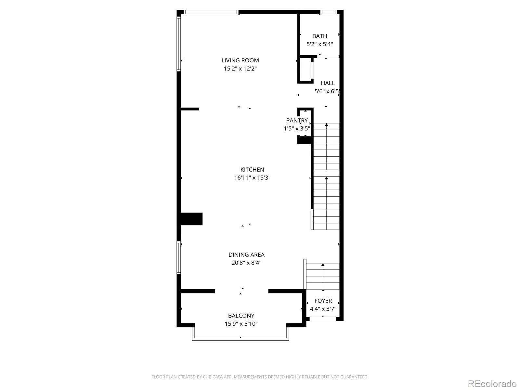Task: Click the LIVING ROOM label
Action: click(x=240, y=60)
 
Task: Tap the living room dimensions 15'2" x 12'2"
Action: click(x=240, y=69)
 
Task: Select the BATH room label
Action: click(x=319, y=36)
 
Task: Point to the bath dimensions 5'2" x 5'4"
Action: click(x=319, y=44)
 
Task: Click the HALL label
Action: click(x=328, y=83)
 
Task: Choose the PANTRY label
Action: click(x=297, y=120)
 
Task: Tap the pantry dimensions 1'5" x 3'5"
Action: click(x=297, y=128)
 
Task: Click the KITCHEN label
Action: click(x=252, y=170)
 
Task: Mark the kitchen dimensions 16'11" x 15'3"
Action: click(x=252, y=177)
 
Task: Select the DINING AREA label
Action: click(x=246, y=254)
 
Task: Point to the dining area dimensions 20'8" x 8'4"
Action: click(x=246, y=263)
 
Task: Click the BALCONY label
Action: click(x=241, y=316)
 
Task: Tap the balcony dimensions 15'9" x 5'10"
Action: click(x=241, y=324)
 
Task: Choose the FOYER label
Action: click(x=323, y=301)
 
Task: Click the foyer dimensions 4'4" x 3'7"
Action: click(x=323, y=309)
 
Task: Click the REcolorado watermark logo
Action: click(x=492, y=383)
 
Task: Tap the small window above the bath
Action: click(x=328, y=12)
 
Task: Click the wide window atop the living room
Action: click(x=211, y=12)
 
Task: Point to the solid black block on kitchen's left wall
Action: click(x=191, y=219)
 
